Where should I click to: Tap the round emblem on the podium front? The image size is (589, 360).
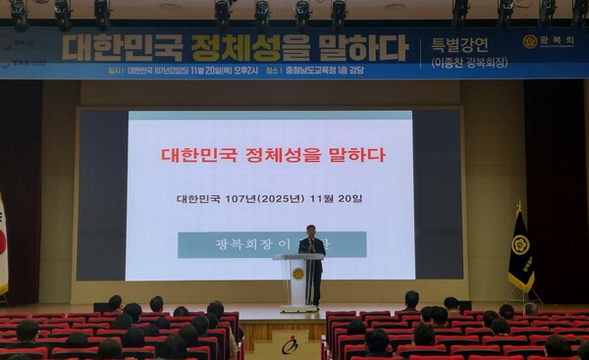(x=298, y=274)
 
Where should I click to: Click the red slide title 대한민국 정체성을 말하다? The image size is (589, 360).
(x=273, y=155)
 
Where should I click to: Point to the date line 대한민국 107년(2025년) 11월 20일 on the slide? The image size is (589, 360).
(x=269, y=198)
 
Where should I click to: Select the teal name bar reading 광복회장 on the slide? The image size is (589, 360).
(x=272, y=244)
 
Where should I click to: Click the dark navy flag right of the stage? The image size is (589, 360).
(x=520, y=253)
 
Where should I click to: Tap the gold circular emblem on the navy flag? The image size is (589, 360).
(x=520, y=244)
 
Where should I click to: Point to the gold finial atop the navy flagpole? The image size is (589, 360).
(x=518, y=206)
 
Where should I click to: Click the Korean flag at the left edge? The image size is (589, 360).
(x=3, y=245)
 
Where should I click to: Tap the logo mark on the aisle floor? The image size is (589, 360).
(x=290, y=345)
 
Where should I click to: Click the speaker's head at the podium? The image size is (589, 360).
(x=311, y=231)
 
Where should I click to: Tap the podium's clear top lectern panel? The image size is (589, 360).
(x=297, y=258)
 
